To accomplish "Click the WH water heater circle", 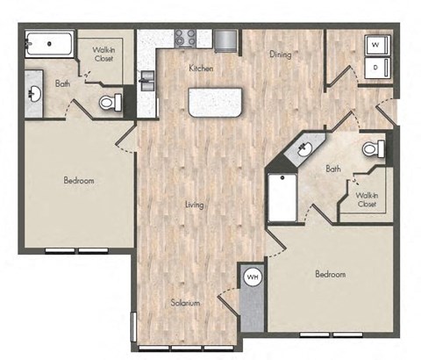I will click(252, 277).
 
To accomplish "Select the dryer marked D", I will click(375, 67).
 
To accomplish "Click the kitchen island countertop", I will click(215, 103).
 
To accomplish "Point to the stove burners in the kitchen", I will click(186, 38).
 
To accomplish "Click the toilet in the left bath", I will click(110, 102).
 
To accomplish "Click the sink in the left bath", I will click(35, 92).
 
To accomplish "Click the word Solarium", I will click(185, 303).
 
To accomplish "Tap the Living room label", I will click(194, 205).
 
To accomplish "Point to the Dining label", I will click(281, 54).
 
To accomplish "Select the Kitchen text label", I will click(201, 68).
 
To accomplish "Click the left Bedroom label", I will click(79, 181).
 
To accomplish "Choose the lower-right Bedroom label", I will click(330, 274).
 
